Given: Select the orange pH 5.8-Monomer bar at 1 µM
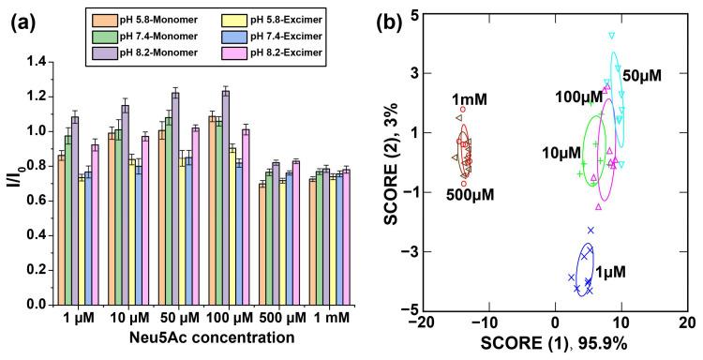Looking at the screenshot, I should pos(62,230).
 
